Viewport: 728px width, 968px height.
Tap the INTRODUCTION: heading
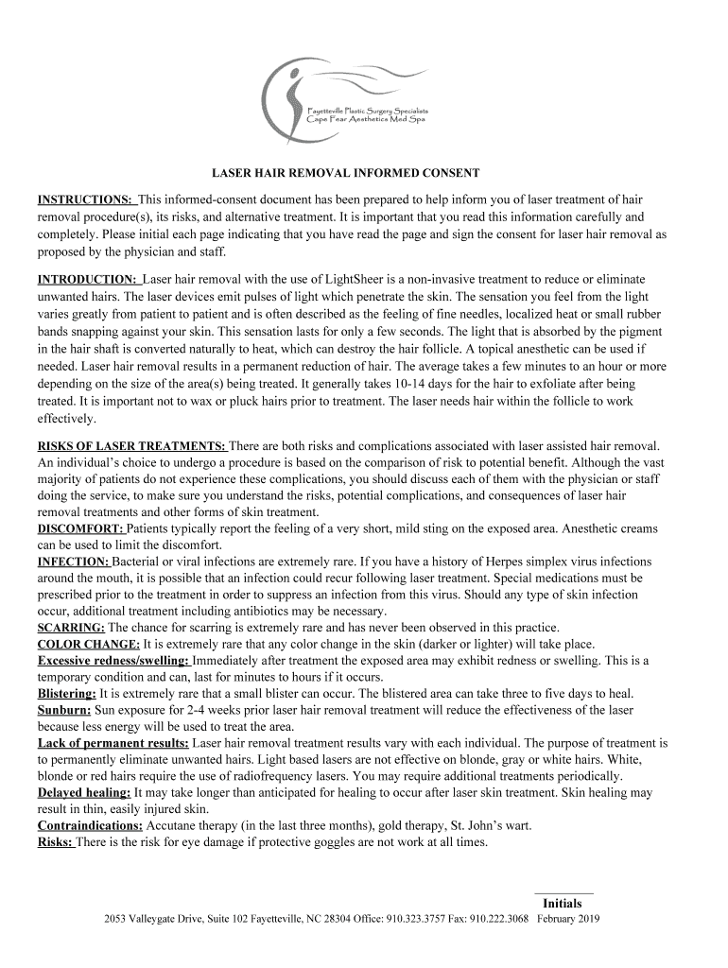coord(89,280)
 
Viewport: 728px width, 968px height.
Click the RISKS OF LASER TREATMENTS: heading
coord(131,445)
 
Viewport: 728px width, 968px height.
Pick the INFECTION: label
coord(74,561)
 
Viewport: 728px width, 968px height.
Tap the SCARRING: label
coord(71,627)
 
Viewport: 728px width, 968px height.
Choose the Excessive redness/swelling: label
coord(113,660)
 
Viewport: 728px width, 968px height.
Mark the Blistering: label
coord(67,693)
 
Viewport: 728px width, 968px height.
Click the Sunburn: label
coord(64,709)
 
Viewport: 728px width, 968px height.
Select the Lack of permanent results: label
coord(113,743)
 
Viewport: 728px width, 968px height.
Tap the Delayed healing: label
coord(84,792)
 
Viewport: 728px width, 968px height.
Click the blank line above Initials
coord(563,892)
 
